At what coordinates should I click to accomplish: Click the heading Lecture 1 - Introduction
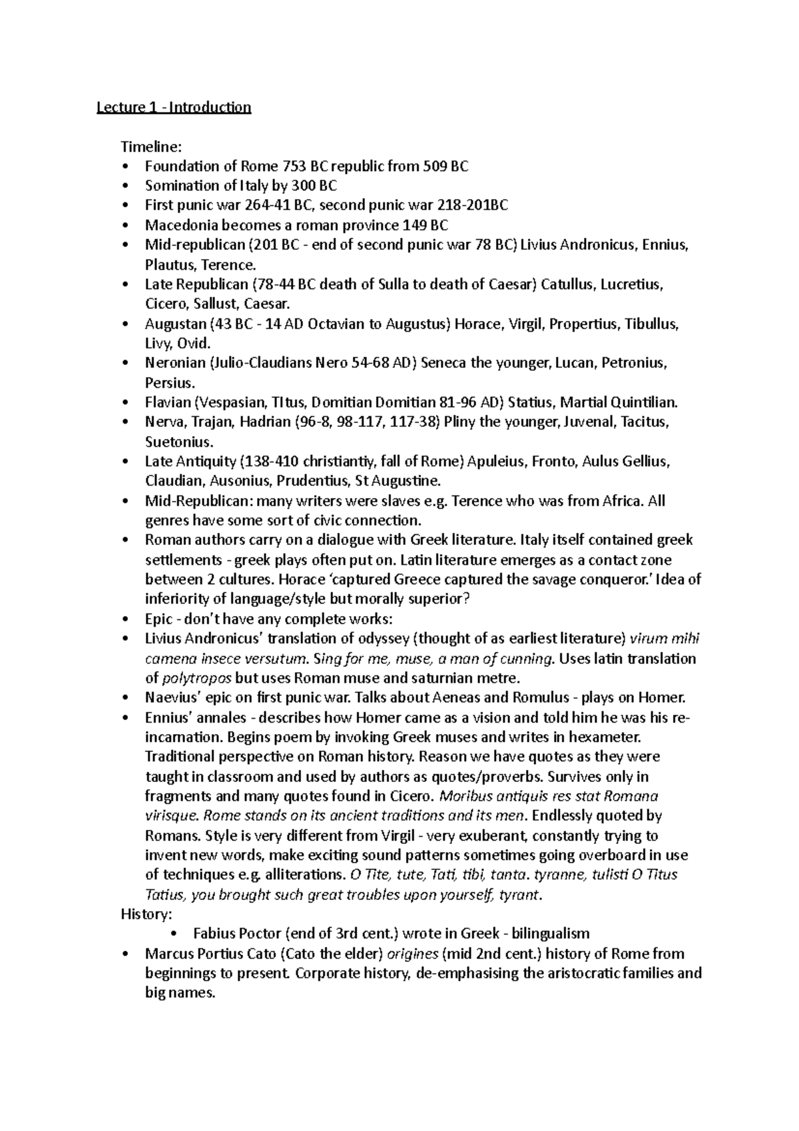pyautogui.click(x=174, y=107)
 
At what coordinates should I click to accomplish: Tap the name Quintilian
pyautogui.click(x=645, y=402)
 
